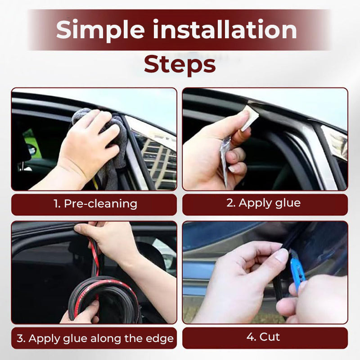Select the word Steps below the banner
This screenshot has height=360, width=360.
(180, 65)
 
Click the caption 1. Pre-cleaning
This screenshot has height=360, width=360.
(95, 204)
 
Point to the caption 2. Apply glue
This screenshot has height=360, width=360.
(263, 203)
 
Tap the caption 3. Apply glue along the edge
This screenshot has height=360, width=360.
(95, 338)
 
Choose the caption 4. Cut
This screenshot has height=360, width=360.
(263, 337)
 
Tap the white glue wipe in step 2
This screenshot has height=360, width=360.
(250, 118)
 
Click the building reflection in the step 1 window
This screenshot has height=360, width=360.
(158, 161)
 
